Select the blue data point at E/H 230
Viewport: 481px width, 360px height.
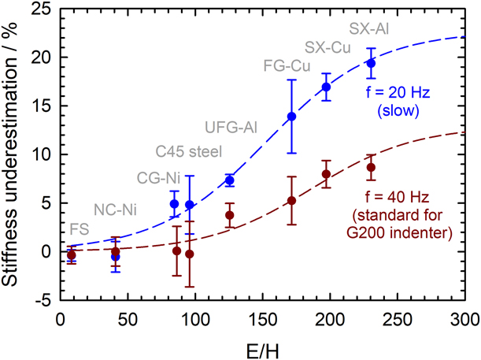371,63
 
